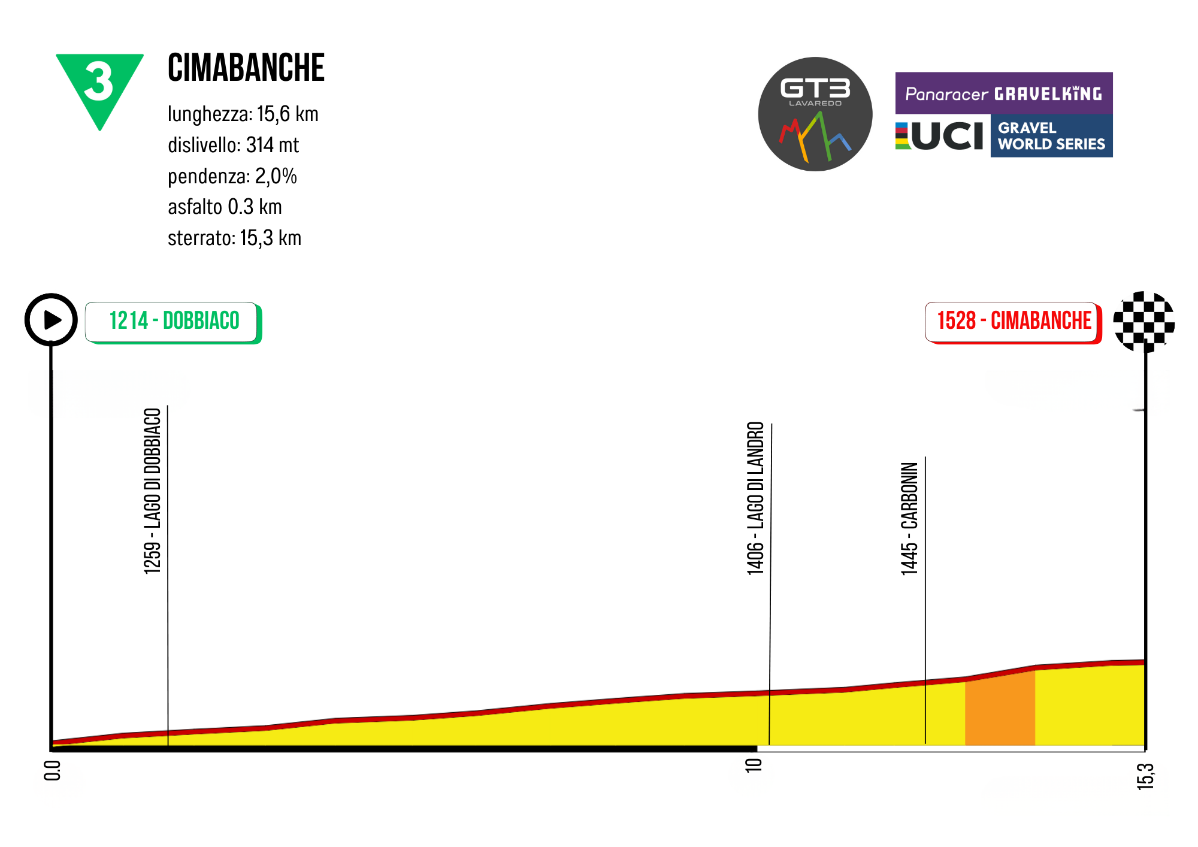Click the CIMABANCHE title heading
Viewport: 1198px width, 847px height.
click(x=246, y=68)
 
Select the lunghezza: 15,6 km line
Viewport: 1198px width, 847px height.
click(x=243, y=114)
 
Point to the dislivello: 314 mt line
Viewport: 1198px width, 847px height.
click(x=233, y=145)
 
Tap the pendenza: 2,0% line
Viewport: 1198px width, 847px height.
click(x=232, y=176)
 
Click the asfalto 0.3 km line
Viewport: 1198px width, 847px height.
click(x=225, y=207)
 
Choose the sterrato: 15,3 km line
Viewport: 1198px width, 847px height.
click(x=234, y=238)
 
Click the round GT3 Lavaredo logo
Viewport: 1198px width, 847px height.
click(x=815, y=114)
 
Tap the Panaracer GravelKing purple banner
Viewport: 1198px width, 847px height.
click(x=1003, y=93)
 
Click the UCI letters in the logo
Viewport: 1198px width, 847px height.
click(x=946, y=137)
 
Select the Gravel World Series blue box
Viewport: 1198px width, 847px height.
click(x=1051, y=137)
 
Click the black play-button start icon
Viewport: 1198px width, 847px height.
click(x=52, y=320)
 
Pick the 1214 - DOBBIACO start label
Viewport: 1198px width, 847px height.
click(x=173, y=322)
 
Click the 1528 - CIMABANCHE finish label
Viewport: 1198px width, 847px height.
click(x=1013, y=322)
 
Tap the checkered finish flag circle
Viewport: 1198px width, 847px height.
click(x=1143, y=322)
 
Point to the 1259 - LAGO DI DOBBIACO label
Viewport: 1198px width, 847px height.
click(x=153, y=491)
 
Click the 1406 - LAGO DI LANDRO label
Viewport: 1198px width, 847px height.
click(x=756, y=498)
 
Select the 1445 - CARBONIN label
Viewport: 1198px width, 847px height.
click(x=909, y=519)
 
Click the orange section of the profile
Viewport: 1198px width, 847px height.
click(x=1000, y=710)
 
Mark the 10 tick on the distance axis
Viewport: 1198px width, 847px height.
click(x=754, y=765)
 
